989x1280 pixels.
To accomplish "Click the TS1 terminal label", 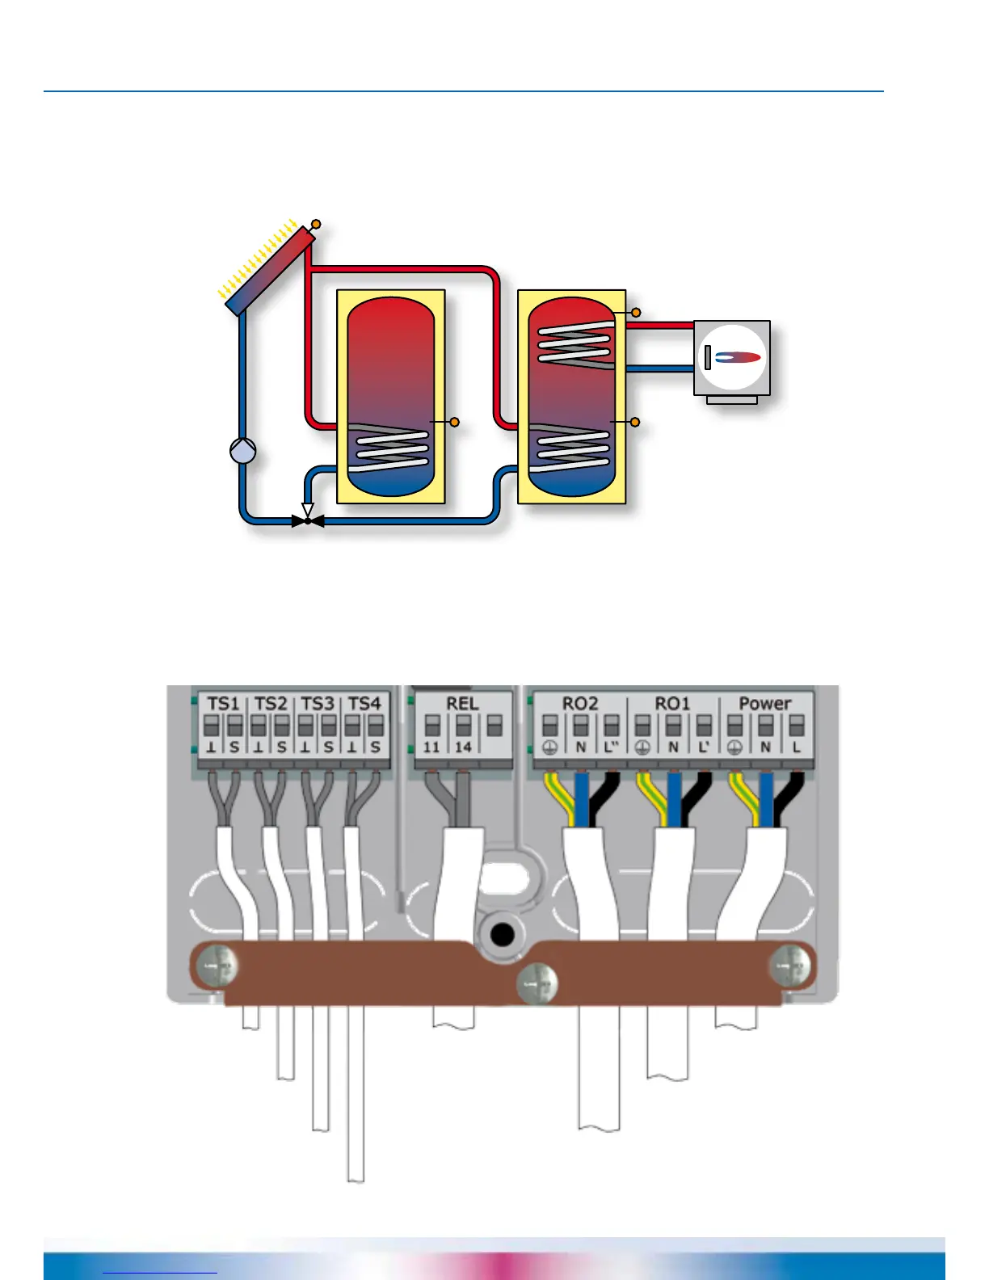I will [x=223, y=704].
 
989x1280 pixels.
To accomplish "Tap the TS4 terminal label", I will [x=364, y=704].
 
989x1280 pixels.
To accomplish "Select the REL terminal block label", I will [x=462, y=704].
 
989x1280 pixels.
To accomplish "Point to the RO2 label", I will [x=580, y=704].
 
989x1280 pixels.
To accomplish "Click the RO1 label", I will [x=672, y=704].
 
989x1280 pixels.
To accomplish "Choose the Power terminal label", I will [x=764, y=704].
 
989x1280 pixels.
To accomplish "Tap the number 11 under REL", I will [x=431, y=747].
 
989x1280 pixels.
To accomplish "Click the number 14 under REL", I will [x=462, y=747].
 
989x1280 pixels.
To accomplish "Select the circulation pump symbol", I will [x=242, y=451].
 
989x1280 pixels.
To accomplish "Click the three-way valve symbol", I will [x=307, y=520].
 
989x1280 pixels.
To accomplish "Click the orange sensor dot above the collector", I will [x=316, y=224].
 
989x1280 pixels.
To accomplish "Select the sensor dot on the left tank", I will [x=454, y=422].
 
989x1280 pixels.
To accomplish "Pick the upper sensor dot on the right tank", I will [x=636, y=312].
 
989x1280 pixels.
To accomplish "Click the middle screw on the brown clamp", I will [x=537, y=984].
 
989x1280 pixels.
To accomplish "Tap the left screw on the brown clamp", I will [x=219, y=966].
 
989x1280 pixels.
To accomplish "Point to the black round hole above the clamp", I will [x=503, y=936].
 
